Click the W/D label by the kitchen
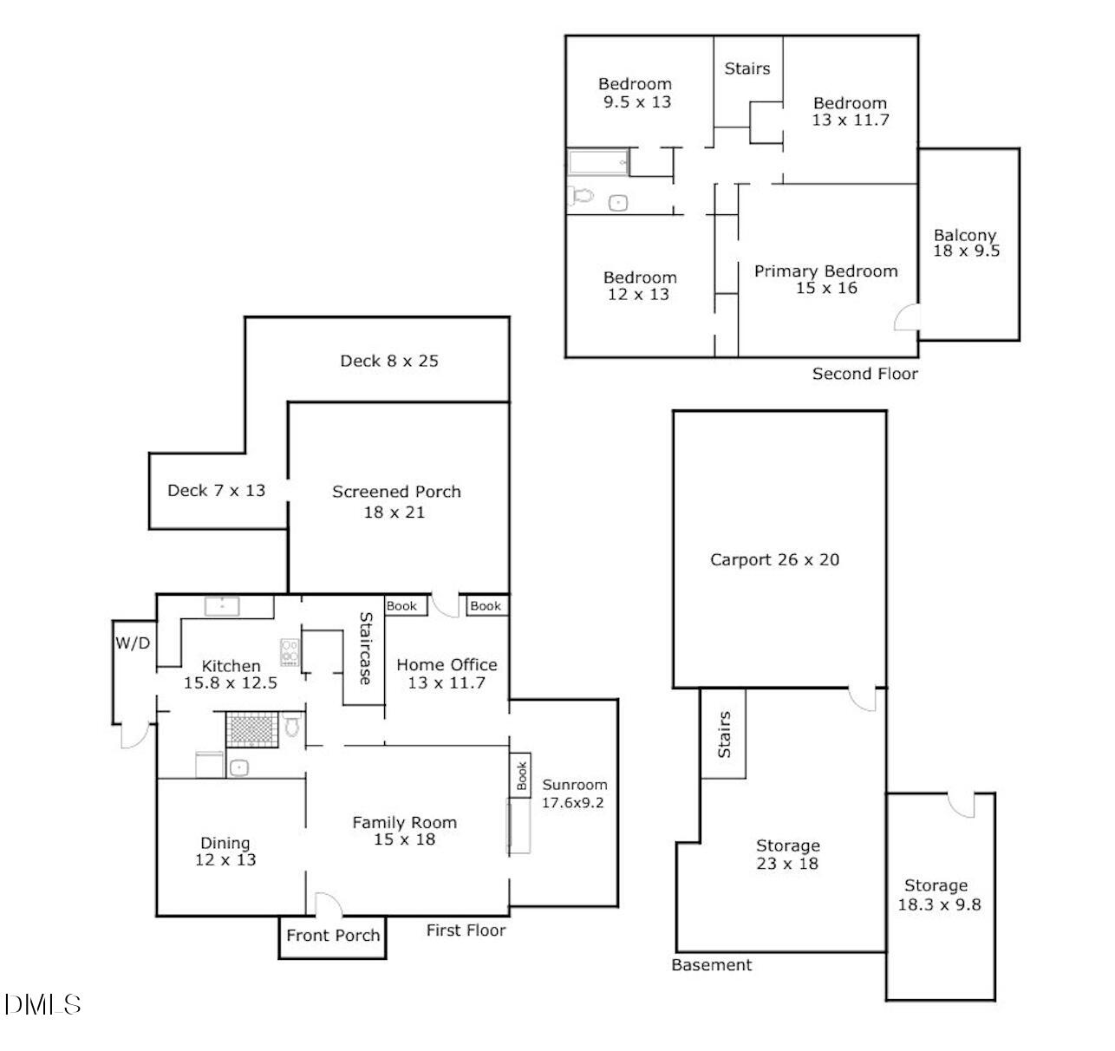point(133,643)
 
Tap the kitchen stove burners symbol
point(289,652)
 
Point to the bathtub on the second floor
point(597,162)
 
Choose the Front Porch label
point(333,936)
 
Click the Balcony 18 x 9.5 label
point(966,243)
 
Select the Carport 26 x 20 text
point(774,559)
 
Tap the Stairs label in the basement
point(724,734)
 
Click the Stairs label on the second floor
point(747,69)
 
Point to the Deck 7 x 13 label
point(216,490)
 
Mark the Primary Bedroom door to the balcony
point(906,318)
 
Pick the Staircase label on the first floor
point(365,649)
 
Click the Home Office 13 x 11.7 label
point(447,673)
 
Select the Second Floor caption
point(864,374)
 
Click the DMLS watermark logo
point(42,1005)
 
